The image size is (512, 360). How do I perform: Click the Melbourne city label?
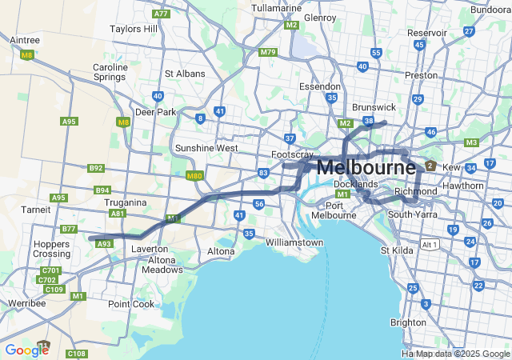coord(366,168)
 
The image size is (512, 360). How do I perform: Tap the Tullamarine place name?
coord(276,8)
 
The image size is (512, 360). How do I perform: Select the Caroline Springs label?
coord(110,73)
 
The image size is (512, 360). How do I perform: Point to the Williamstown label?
coord(294,242)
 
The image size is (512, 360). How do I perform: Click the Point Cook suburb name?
coord(131,304)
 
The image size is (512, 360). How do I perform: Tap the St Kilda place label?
coord(395,250)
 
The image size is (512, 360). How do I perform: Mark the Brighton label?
coord(408,322)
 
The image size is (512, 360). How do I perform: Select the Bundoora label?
coord(490,10)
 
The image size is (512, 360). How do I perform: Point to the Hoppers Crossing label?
coord(51,248)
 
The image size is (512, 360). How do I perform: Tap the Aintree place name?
coord(24,39)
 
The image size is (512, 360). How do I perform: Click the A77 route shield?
coord(162,14)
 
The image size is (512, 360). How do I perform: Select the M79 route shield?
coord(267,53)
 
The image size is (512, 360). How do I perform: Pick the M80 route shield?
coord(194,176)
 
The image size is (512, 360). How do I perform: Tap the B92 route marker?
coord(96,168)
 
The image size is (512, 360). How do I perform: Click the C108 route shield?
coord(76,353)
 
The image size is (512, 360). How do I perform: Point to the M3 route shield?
coord(471,142)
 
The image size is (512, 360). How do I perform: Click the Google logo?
coord(26,350)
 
